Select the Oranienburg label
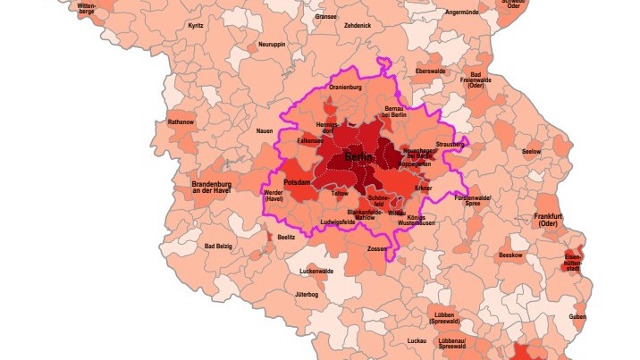pos(344,88)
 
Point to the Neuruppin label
pos(271,44)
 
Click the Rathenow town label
pos(181,121)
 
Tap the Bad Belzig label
pos(219,247)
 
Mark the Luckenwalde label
pos(316,271)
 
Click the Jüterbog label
pos(307,294)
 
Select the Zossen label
pos(376,248)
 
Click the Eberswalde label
pos(431,70)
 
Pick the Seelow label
pos(531,152)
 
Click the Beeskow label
pos(510,255)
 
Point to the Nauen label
pos(265,131)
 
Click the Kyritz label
pos(196,26)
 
